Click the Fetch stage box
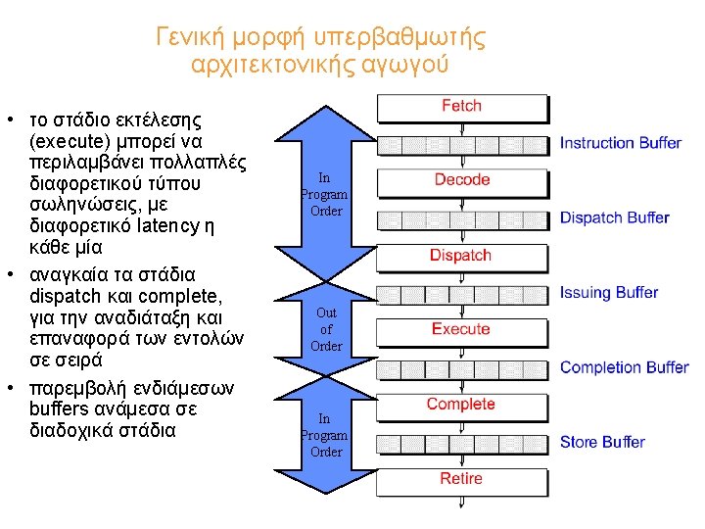461,107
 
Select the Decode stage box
461,180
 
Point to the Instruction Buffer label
620,143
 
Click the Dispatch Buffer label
614,217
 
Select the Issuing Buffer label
608,292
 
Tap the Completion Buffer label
624,367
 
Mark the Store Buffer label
601,442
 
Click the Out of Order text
326,329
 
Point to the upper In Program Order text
325,194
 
